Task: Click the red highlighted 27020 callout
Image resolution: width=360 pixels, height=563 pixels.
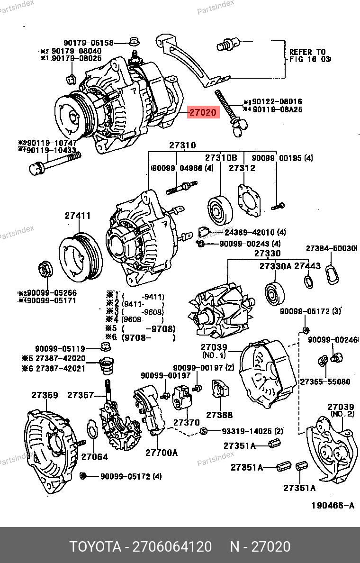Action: pyautogui.click(x=204, y=113)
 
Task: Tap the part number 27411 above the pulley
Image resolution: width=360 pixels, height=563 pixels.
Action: pyautogui.click(x=78, y=216)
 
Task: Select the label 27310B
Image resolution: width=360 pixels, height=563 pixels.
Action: pyautogui.click(x=221, y=157)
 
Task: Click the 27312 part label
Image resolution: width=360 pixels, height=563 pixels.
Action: pyautogui.click(x=242, y=168)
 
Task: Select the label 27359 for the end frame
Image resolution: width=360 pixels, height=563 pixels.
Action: pyautogui.click(x=45, y=395)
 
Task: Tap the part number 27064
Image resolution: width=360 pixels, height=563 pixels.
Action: pyautogui.click(x=94, y=457)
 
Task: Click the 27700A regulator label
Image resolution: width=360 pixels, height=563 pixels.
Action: pyautogui.click(x=161, y=453)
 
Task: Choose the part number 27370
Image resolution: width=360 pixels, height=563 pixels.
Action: pyautogui.click(x=186, y=422)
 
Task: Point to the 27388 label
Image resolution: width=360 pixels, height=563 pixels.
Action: pyautogui.click(x=219, y=415)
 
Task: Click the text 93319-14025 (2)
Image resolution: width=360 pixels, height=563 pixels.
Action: pyautogui.click(x=252, y=431)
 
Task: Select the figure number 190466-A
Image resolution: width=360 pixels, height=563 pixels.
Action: pyautogui.click(x=333, y=506)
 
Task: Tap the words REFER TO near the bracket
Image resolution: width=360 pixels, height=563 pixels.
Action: pyautogui.click(x=307, y=52)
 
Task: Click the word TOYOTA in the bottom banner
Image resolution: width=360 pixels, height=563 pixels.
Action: pyautogui.click(x=95, y=547)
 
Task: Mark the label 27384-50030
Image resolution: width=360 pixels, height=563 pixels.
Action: pyautogui.click(x=331, y=248)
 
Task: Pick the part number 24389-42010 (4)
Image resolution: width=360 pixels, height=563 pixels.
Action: pyautogui.click(x=255, y=232)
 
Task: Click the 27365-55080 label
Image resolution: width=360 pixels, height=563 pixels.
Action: pyautogui.click(x=325, y=381)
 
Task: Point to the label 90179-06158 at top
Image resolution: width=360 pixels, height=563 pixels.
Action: pyautogui.click(x=89, y=43)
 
